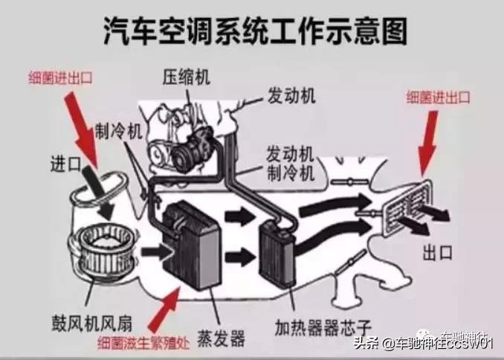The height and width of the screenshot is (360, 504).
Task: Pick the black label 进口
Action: click(x=65, y=161)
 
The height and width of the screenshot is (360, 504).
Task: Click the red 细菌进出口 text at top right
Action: click(x=439, y=96)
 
